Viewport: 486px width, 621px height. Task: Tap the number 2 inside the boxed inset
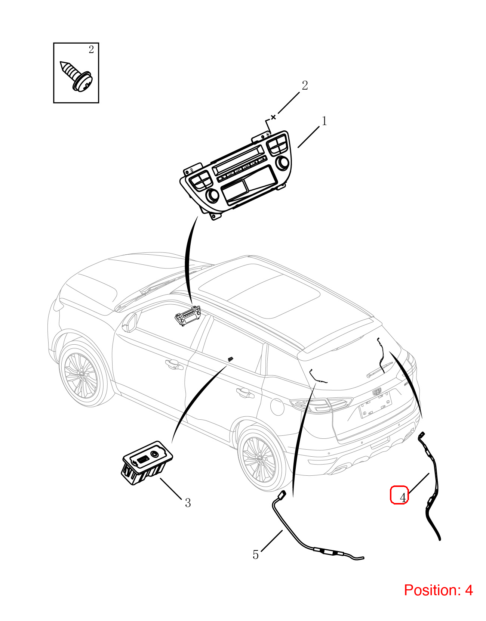point(91,50)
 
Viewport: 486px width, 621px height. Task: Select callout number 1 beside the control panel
point(324,121)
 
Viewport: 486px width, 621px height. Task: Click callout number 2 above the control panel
point(305,86)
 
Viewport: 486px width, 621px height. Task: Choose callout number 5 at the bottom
point(255,555)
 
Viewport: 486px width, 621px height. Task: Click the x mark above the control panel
point(273,117)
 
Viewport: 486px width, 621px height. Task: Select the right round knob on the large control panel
point(283,163)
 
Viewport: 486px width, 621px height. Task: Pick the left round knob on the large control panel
point(212,195)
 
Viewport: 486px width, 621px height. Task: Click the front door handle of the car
point(174,364)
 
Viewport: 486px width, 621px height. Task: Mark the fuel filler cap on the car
point(277,407)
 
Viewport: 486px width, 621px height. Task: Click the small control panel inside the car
point(188,316)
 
